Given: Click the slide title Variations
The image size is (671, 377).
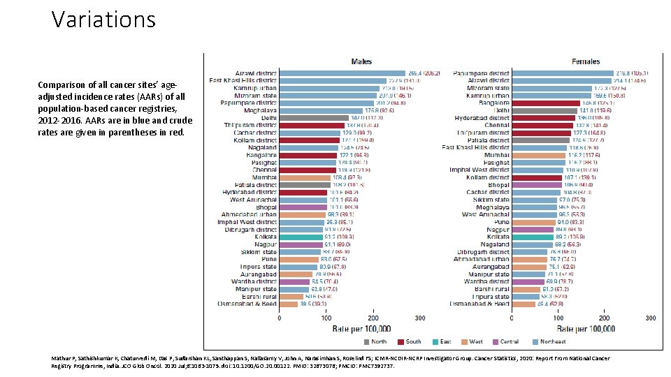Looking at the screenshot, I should click(x=103, y=20).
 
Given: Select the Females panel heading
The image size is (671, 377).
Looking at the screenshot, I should click(x=585, y=61).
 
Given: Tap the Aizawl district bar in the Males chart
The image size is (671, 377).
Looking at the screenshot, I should click(x=342, y=73).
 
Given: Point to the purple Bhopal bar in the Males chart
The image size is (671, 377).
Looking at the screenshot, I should click(x=303, y=207).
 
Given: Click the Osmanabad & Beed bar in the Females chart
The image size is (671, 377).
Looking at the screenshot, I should click(x=524, y=304).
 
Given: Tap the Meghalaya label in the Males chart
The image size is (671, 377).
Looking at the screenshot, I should click(x=260, y=110).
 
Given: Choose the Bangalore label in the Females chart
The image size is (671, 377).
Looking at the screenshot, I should click(x=493, y=103).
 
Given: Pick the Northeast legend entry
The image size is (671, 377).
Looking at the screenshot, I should click(x=549, y=341).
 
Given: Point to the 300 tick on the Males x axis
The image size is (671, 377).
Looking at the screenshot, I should click(x=420, y=318).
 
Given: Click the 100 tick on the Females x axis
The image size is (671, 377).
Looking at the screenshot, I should click(x=558, y=318).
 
